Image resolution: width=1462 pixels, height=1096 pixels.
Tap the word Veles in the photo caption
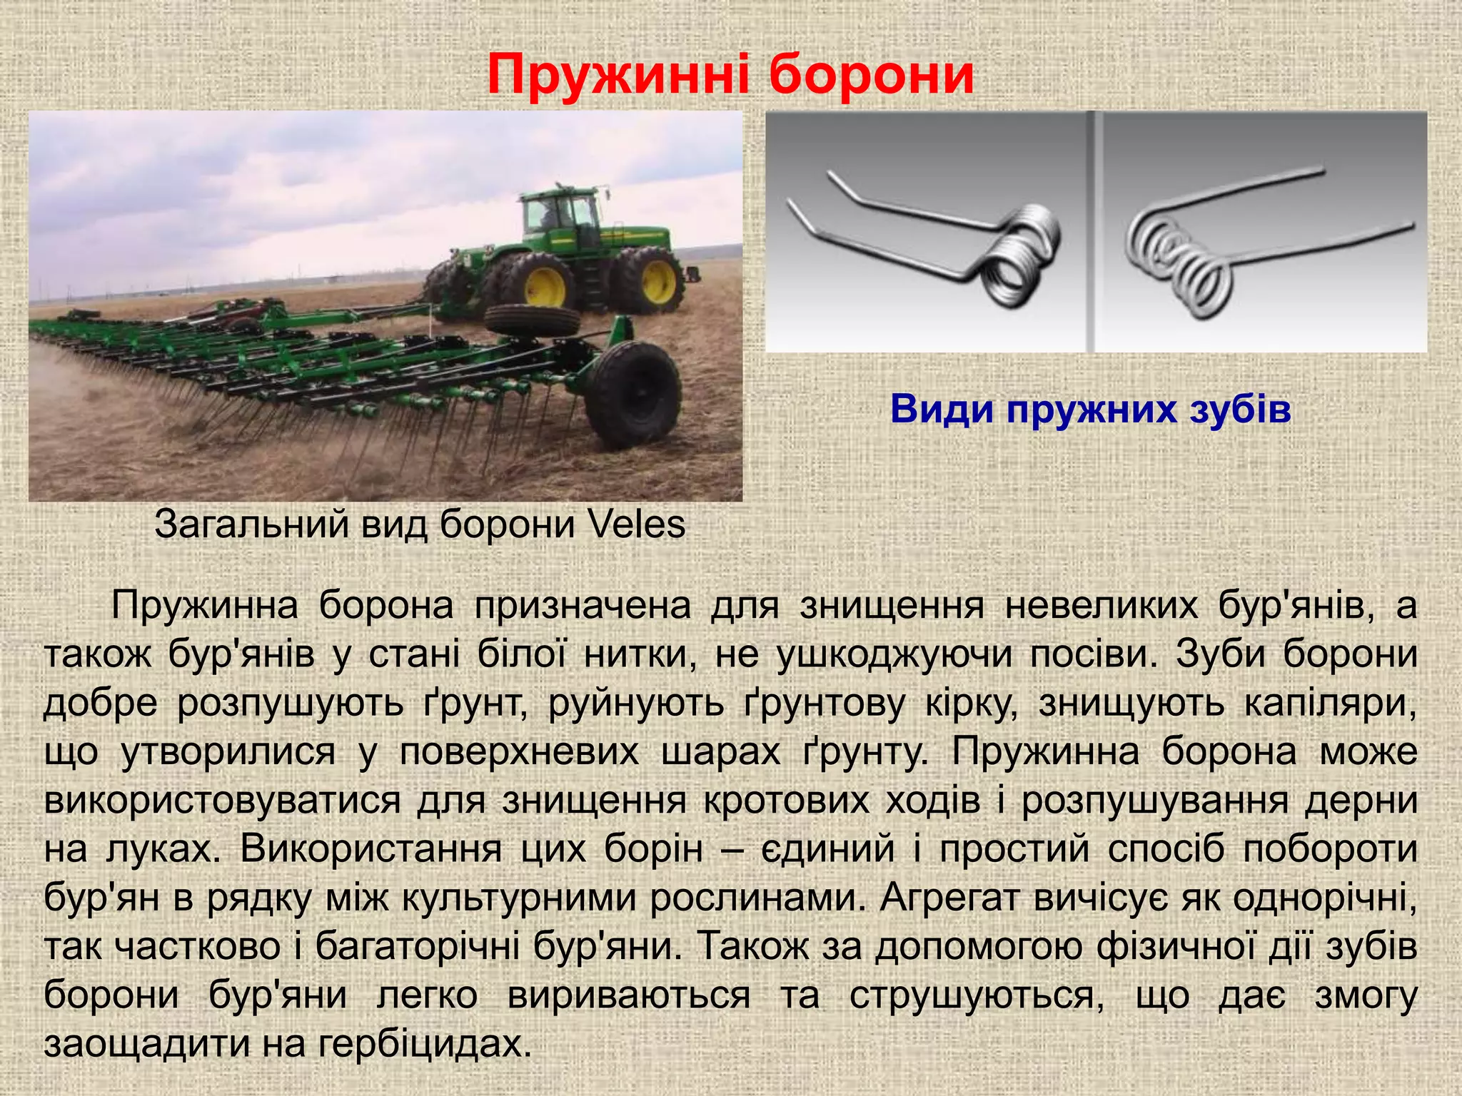pyautogui.click(x=637, y=525)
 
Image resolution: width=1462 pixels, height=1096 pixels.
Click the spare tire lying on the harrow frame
pyautogui.click(x=532, y=321)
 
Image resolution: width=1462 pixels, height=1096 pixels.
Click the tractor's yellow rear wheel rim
pyautogui.click(x=659, y=279)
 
